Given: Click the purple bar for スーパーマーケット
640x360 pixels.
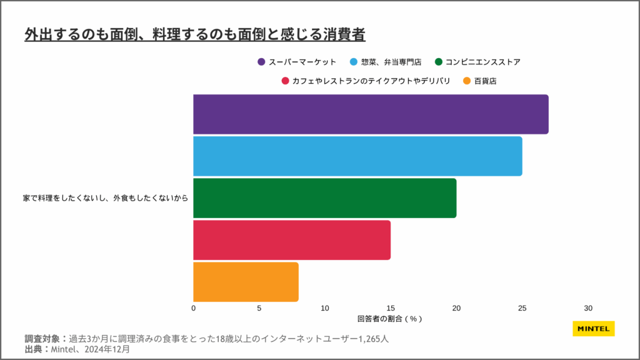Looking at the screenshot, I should [371, 114].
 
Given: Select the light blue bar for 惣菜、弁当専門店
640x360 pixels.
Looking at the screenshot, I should [357, 156].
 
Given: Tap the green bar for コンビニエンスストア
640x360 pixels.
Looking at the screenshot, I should [324, 198].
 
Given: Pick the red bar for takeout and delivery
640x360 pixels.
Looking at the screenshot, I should [292, 240].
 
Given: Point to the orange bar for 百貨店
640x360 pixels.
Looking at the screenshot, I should [246, 282].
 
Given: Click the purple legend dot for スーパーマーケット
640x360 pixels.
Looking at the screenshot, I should [261, 62].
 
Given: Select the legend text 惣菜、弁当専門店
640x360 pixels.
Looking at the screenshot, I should [391, 62].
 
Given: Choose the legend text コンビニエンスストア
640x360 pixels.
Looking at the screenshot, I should [482, 62].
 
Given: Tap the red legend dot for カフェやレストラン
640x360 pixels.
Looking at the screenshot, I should [285, 81].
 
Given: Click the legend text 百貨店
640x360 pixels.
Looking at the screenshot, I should [485, 81].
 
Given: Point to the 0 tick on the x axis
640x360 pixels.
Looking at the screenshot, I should [194, 308].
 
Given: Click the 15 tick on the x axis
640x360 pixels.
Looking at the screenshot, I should [391, 308].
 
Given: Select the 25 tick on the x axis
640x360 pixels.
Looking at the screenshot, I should [522, 308].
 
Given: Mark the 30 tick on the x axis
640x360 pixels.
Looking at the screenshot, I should [587, 308].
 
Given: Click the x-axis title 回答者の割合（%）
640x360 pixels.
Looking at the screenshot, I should [390, 319].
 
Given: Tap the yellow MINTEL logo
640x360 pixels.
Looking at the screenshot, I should [593, 328].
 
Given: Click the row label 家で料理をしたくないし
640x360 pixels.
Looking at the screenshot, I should [106, 198].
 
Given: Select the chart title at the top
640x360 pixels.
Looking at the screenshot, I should [195, 34].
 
